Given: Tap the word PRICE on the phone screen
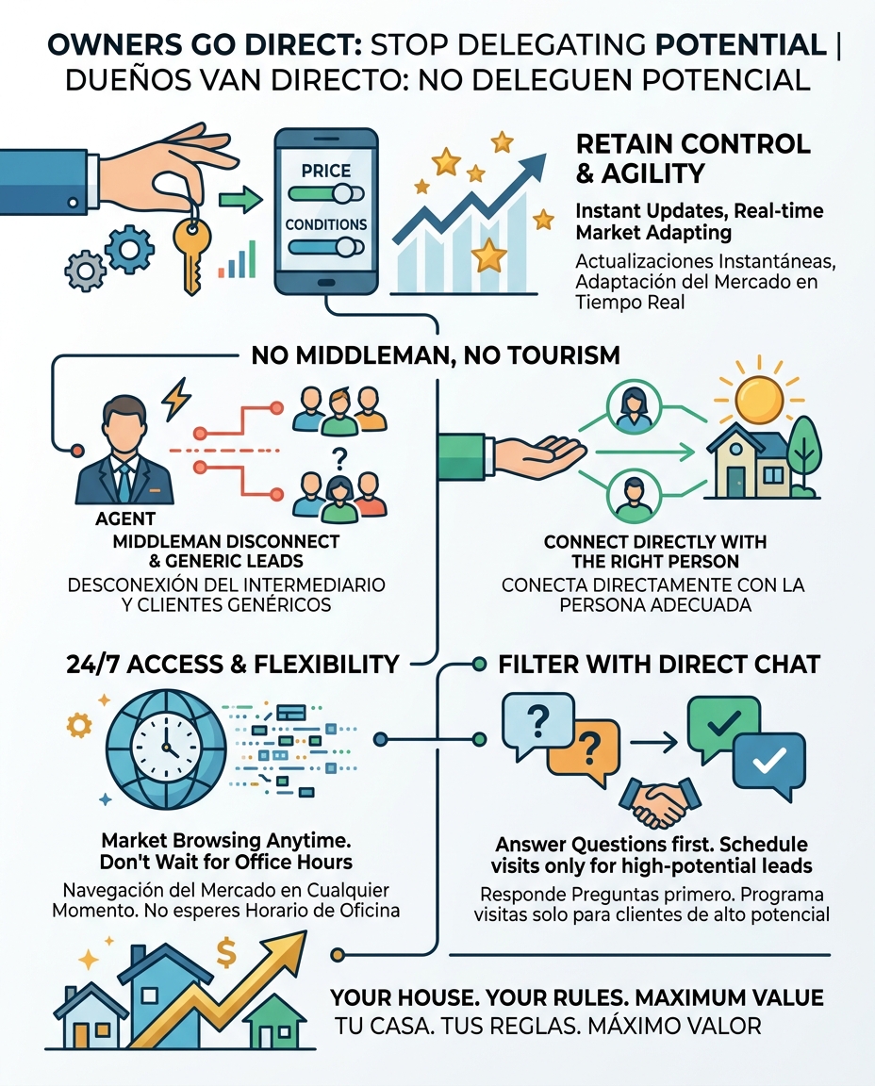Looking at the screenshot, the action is (325, 171).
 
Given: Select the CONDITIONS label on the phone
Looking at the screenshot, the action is (325, 224).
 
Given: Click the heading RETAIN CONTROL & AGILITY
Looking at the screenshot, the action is (693, 158).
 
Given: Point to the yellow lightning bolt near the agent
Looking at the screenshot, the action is (176, 399).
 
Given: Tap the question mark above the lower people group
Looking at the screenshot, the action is (338, 457).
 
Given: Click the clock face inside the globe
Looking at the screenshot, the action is (166, 748).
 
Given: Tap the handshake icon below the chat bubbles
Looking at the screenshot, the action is (659, 802).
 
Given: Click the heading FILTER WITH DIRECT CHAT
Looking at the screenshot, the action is (659, 665).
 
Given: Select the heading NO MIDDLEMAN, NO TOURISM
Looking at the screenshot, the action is (436, 355).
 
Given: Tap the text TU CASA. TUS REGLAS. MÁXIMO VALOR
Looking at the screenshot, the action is (548, 1026).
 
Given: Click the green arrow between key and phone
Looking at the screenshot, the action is (240, 201).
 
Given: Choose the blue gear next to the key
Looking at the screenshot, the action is (129, 247).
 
